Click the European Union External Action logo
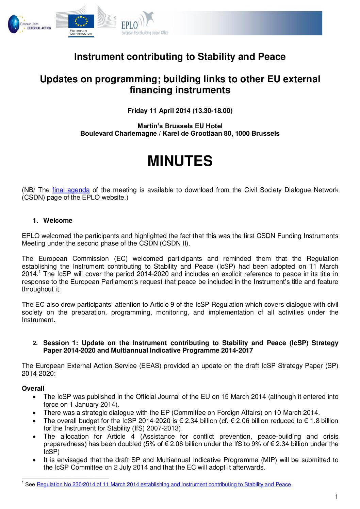(30, 24)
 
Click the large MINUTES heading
(180, 161)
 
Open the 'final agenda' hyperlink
(71, 190)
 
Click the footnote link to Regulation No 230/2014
(164, 485)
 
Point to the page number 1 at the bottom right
(337, 497)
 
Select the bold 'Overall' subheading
(33, 388)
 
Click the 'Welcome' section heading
(58, 220)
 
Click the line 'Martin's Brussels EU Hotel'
(180, 126)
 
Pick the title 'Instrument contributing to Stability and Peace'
(180, 56)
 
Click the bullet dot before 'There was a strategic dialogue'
(34, 413)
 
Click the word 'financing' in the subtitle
(151, 90)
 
